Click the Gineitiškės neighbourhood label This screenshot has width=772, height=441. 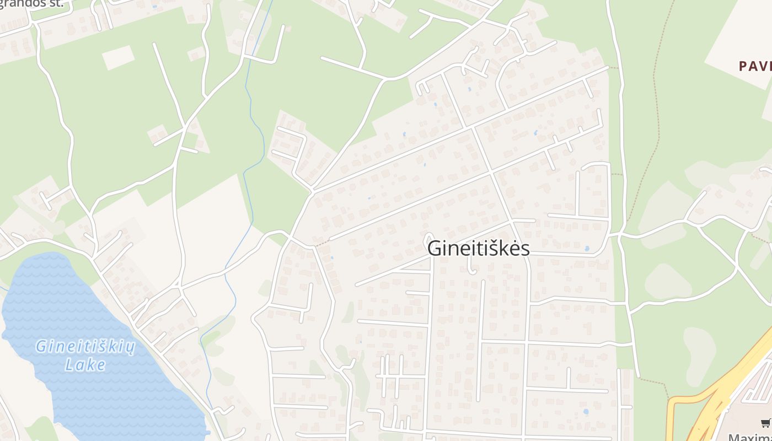[x=478, y=248]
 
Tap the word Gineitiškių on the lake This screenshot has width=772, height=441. [x=85, y=347]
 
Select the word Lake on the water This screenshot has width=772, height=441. [x=85, y=364]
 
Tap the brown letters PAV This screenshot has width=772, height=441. [x=755, y=66]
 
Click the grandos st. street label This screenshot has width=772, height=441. [x=31, y=4]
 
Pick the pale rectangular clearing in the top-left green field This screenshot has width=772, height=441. [x=118, y=57]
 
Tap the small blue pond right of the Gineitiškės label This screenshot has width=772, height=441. [x=586, y=249]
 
